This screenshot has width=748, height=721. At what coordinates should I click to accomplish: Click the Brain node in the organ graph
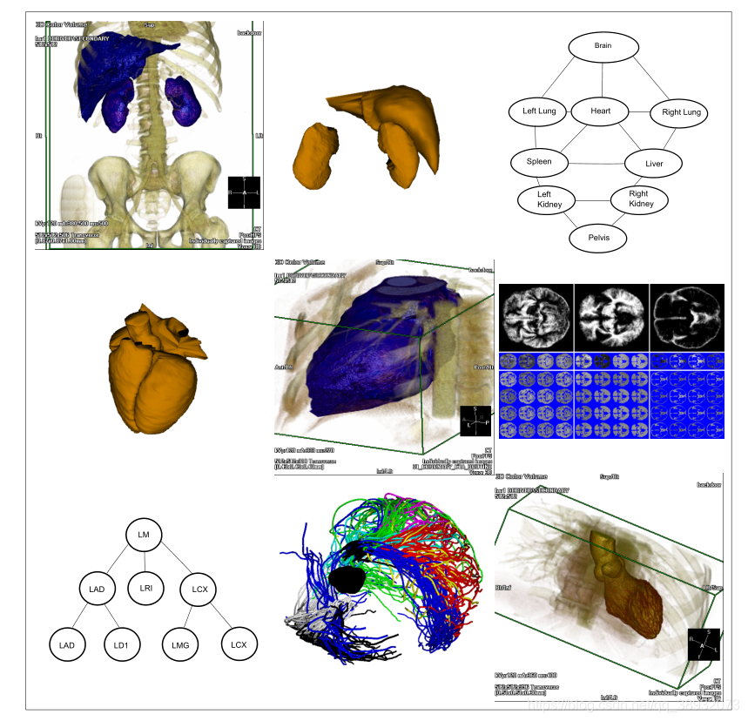coord(603,45)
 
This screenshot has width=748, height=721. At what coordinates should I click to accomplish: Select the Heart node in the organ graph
coord(601,111)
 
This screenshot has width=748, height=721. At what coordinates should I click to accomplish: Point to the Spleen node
coord(539,162)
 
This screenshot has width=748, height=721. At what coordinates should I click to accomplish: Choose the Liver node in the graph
coord(653,163)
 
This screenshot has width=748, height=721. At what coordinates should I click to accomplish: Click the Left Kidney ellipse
coord(545,199)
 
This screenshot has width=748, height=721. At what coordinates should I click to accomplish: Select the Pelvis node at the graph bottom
coord(597,236)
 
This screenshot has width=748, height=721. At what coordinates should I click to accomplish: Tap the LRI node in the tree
coord(145,590)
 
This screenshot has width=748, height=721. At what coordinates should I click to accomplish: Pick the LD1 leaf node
coord(121,645)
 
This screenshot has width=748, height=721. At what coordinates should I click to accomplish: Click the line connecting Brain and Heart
coord(602,78)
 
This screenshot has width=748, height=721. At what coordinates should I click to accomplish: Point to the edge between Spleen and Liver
coord(596,163)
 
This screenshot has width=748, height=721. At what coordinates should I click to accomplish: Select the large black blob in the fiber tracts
coord(349,580)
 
